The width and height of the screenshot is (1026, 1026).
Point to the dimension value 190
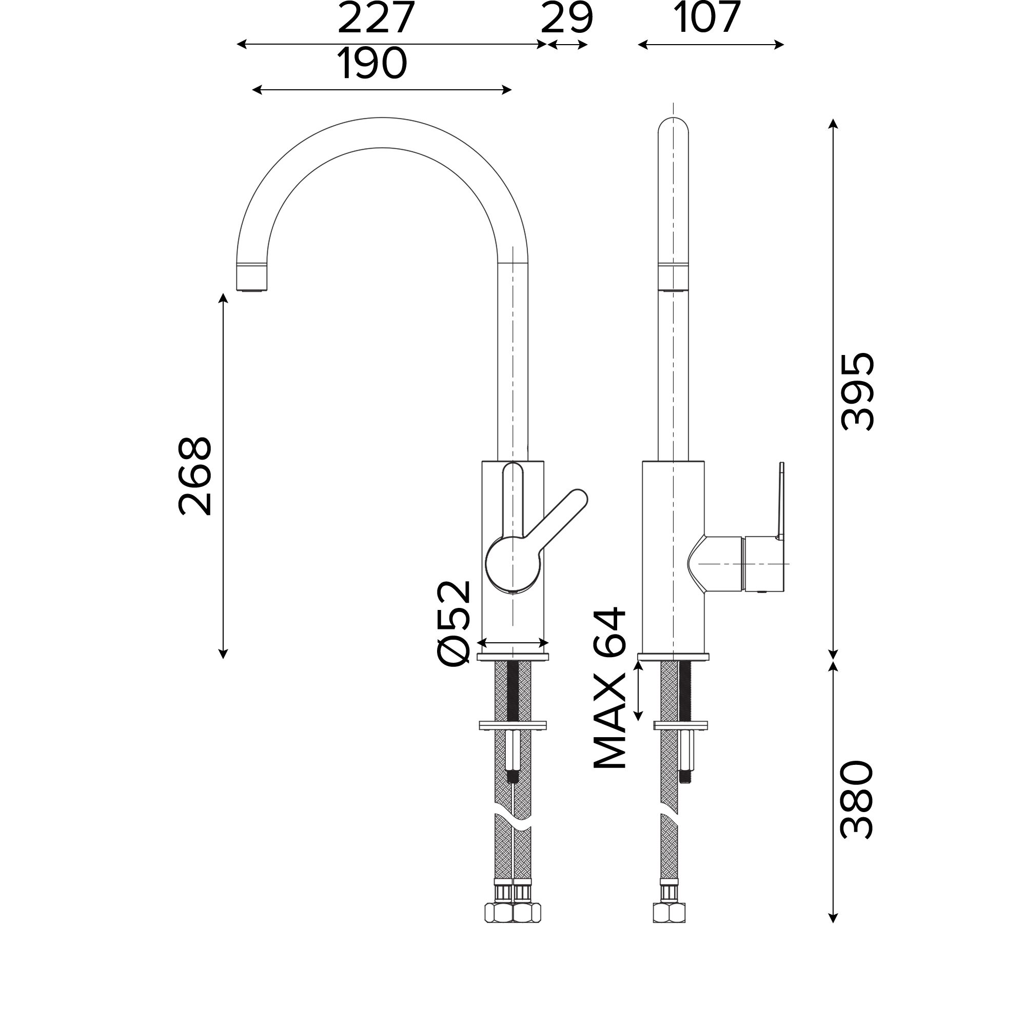(x=372, y=64)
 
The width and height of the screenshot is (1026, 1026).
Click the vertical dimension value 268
(x=195, y=477)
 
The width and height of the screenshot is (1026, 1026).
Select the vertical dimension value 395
(x=857, y=391)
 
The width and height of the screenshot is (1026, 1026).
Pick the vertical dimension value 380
(x=857, y=800)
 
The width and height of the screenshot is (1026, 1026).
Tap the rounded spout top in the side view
(x=673, y=127)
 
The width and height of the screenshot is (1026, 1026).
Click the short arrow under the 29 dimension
(x=567, y=45)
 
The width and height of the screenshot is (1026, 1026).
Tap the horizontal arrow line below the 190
(x=381, y=90)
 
